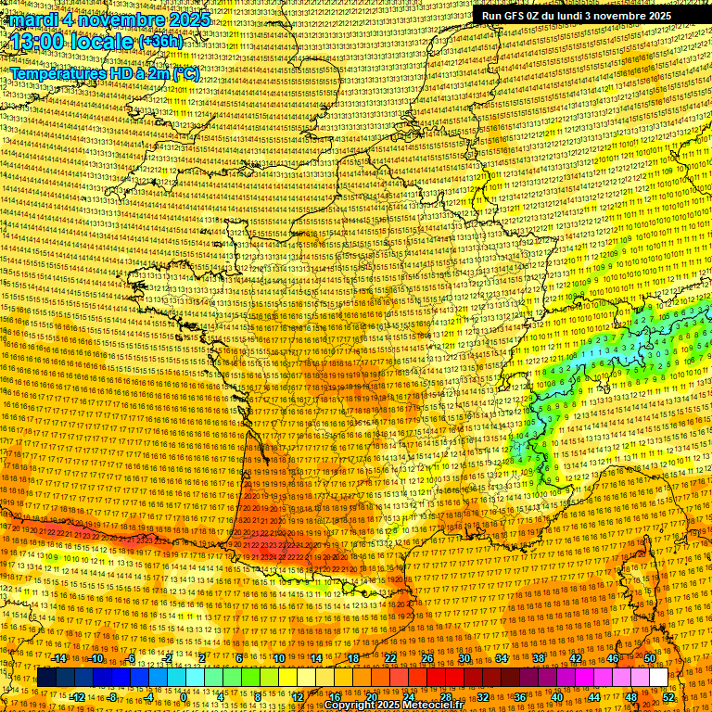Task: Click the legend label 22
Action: [390, 658]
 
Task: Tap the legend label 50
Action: [650, 658]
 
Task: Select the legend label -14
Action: [59, 658]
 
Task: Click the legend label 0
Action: [184, 696]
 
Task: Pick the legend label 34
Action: [502, 658]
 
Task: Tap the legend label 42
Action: [576, 658]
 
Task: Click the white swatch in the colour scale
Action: [658, 678]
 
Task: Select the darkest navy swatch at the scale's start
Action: [46, 678]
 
